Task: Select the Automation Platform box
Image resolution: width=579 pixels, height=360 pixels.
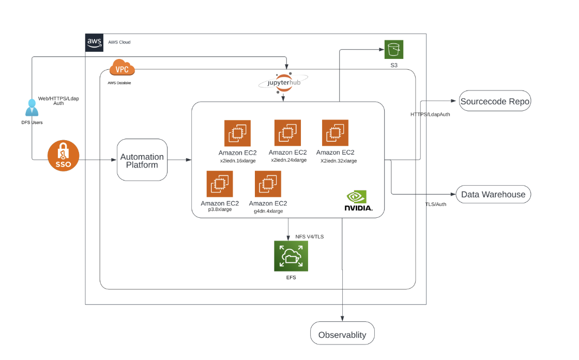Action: tap(142, 160)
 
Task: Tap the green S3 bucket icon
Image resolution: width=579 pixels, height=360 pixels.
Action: tap(394, 50)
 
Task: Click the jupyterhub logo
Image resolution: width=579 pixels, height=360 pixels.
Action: tap(283, 83)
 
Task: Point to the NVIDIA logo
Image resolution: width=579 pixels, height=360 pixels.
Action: tap(358, 201)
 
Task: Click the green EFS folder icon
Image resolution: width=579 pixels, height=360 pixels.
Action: tap(291, 256)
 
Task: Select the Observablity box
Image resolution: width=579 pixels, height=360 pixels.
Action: tap(342, 334)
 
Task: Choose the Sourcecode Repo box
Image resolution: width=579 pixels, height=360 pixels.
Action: tap(495, 101)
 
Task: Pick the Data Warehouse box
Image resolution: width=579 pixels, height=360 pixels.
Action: tap(493, 194)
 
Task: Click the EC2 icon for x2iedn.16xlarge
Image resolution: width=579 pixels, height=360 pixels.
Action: tap(237, 133)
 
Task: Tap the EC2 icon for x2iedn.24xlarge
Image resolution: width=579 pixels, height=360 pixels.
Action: tap(287, 133)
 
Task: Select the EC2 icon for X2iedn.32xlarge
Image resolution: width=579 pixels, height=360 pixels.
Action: tap(335, 133)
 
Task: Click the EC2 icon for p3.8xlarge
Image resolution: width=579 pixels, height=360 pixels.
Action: tap(220, 184)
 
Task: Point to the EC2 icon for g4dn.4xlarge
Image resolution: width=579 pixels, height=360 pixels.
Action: tap(268, 184)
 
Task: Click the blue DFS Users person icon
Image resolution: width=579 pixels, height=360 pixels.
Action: tap(32, 108)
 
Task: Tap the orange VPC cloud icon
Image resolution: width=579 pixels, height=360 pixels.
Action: tap(122, 68)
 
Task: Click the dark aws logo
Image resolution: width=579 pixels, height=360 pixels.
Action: tap(95, 42)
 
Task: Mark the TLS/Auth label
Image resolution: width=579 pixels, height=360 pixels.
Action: tap(436, 204)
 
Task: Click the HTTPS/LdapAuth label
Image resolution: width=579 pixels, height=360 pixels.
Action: tap(430, 114)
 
